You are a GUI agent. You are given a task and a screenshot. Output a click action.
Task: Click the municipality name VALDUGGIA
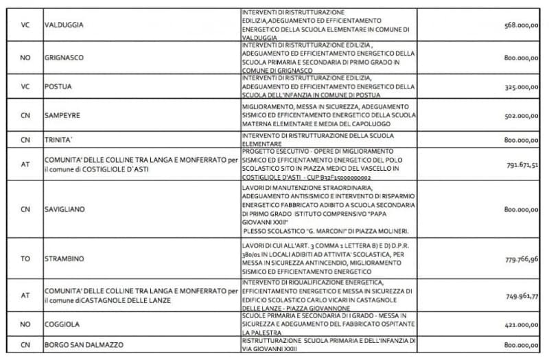tap(64, 25)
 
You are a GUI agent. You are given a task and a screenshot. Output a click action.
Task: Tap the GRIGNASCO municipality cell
tap(64, 58)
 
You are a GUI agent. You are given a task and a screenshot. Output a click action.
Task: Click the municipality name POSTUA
tap(58, 87)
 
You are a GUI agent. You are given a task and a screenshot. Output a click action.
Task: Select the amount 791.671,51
tap(521, 165)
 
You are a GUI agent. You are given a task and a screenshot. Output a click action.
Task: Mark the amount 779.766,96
tap(521, 258)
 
